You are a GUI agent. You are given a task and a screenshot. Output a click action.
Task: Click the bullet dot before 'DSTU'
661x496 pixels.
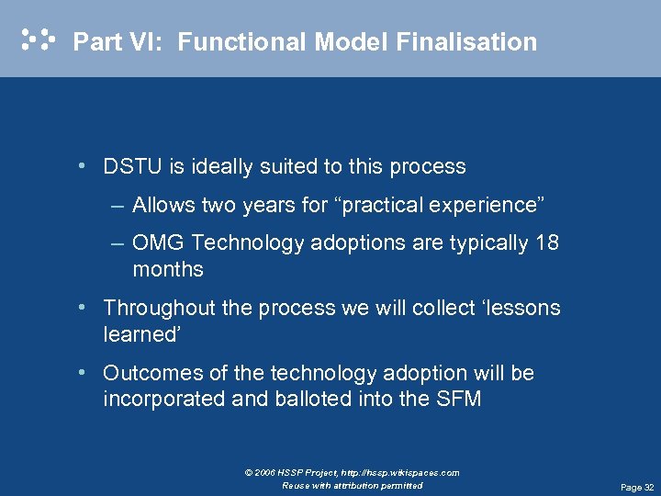(84, 166)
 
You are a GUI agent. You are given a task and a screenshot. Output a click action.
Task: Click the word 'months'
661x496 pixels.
(168, 270)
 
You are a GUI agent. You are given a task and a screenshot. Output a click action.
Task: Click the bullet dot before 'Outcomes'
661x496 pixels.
(84, 372)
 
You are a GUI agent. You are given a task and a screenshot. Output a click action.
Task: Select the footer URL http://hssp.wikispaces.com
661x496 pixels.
(403, 473)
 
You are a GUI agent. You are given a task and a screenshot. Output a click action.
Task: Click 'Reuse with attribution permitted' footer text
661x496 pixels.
(353, 485)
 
